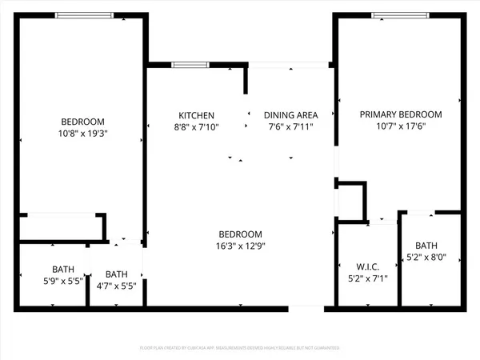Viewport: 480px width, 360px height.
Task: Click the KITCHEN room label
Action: pyautogui.click(x=196, y=115)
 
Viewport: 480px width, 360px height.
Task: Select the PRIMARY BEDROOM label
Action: pyautogui.click(x=400, y=114)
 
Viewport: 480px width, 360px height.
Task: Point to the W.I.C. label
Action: pyautogui.click(x=365, y=267)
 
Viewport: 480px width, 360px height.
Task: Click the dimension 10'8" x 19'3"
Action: pyautogui.click(x=83, y=134)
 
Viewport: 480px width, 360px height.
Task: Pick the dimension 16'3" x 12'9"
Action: pyautogui.click(x=240, y=246)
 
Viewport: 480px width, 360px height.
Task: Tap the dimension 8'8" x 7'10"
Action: pyautogui.click(x=196, y=126)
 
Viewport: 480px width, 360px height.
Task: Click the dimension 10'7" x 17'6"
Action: pyautogui.click(x=400, y=126)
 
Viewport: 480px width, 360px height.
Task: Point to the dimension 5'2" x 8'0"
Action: pyautogui.click(x=426, y=258)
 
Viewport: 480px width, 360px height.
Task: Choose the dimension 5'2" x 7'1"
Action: pyautogui.click(x=365, y=279)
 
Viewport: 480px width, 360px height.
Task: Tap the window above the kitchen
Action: pyautogui.click(x=186, y=65)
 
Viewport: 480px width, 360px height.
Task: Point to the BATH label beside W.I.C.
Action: pyautogui.click(x=426, y=246)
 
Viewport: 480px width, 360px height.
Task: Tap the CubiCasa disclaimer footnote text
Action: pyautogui.click(x=240, y=349)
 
